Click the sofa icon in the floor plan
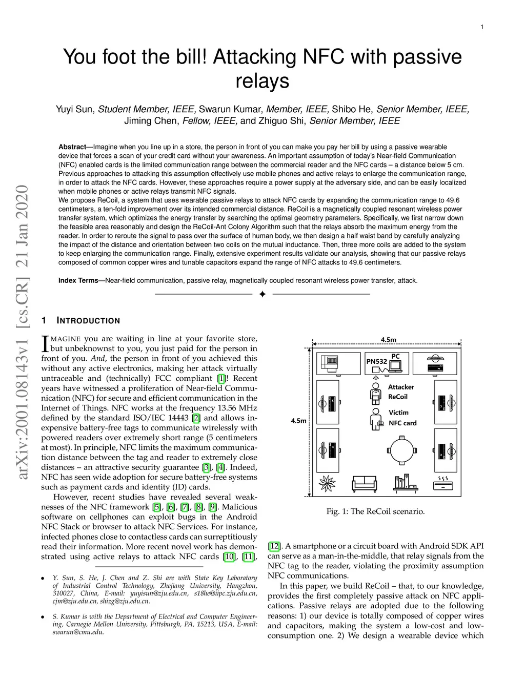click(x=364, y=483)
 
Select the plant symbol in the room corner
click(x=327, y=483)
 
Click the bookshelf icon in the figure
click(x=405, y=483)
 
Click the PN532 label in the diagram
click(x=377, y=361)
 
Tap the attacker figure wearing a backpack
click(x=376, y=393)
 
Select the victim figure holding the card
click(x=376, y=419)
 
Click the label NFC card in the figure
click(x=402, y=423)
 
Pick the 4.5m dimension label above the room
click(x=388, y=339)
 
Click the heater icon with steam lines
click(x=442, y=482)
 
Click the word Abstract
click(x=72, y=147)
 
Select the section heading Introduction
click(x=88, y=321)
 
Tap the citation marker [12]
click(x=274, y=546)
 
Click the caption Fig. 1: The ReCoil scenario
click(x=375, y=511)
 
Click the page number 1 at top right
click(x=482, y=27)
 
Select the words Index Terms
click(x=78, y=280)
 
